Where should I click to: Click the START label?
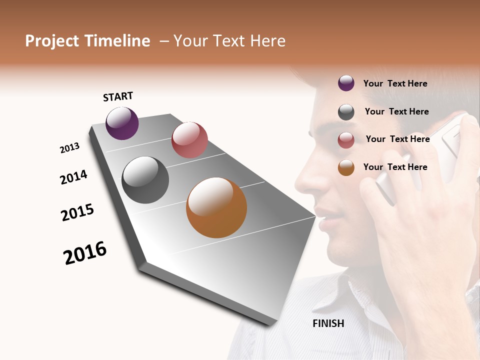click(118, 96)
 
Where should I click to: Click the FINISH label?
click(328, 323)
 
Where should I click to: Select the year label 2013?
click(70, 148)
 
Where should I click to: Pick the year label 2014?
click(73, 177)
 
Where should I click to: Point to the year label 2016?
click(85, 253)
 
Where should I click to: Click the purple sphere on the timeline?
click(122, 123)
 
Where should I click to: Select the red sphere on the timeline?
click(189, 140)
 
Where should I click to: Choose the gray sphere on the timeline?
click(145, 180)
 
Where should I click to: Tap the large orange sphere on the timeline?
click(216, 207)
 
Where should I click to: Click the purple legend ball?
click(346, 83)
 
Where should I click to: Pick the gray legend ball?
click(346, 112)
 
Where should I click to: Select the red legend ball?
click(346, 140)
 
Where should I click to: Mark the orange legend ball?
click(346, 167)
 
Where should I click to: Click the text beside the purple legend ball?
click(395, 84)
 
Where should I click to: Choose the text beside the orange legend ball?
click(395, 167)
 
